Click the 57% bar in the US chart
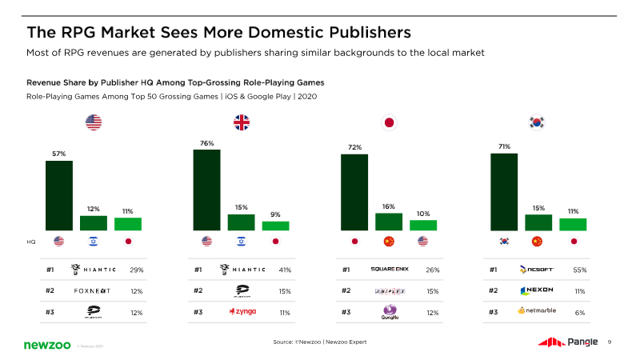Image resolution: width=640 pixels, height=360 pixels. [58, 195]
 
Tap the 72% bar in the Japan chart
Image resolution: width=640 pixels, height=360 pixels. [354, 192]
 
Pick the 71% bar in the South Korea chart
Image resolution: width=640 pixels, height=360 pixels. [504, 192]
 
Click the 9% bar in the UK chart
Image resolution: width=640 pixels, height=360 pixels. [275, 226]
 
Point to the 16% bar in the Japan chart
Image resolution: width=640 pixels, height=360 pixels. [389, 222]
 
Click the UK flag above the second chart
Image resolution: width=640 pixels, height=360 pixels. [241, 122]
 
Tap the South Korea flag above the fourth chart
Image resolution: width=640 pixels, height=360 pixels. [537, 122]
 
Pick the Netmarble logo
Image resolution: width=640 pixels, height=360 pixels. [538, 310]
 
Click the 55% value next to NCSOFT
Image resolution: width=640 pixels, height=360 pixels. [580, 270]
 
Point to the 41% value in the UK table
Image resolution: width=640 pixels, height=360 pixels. [285, 270]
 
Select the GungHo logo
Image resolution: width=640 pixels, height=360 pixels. [390, 311]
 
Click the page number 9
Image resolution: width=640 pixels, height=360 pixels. [610, 342]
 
